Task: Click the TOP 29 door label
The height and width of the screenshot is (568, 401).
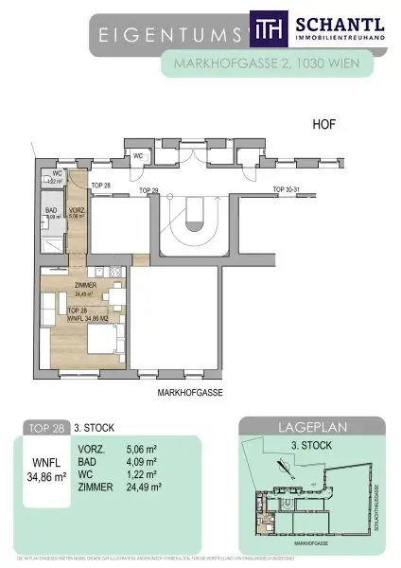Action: coord(148,191)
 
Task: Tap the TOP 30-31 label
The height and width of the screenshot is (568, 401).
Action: coord(286,190)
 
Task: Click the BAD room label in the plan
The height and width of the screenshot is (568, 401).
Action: coord(53,211)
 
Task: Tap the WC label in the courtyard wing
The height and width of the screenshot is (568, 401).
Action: coord(138,155)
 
